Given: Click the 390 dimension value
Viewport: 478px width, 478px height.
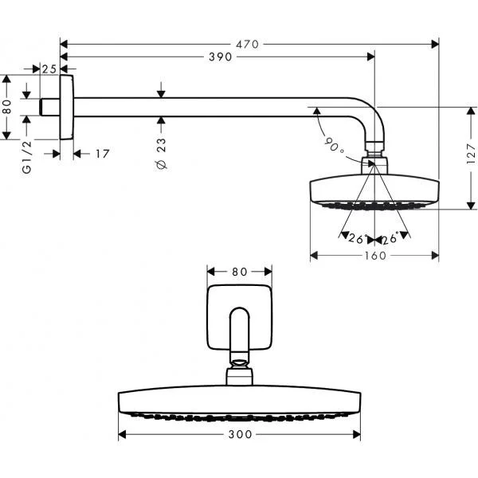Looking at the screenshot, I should [219, 57].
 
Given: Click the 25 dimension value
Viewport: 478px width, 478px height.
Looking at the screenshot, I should [49, 69].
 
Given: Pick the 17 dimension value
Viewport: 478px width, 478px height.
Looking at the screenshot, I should [100, 153].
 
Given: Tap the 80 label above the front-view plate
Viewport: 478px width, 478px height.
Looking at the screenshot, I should [240, 272].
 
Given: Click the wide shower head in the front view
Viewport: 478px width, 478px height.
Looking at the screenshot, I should [240, 402].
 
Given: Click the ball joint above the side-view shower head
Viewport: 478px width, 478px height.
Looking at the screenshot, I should [374, 148].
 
